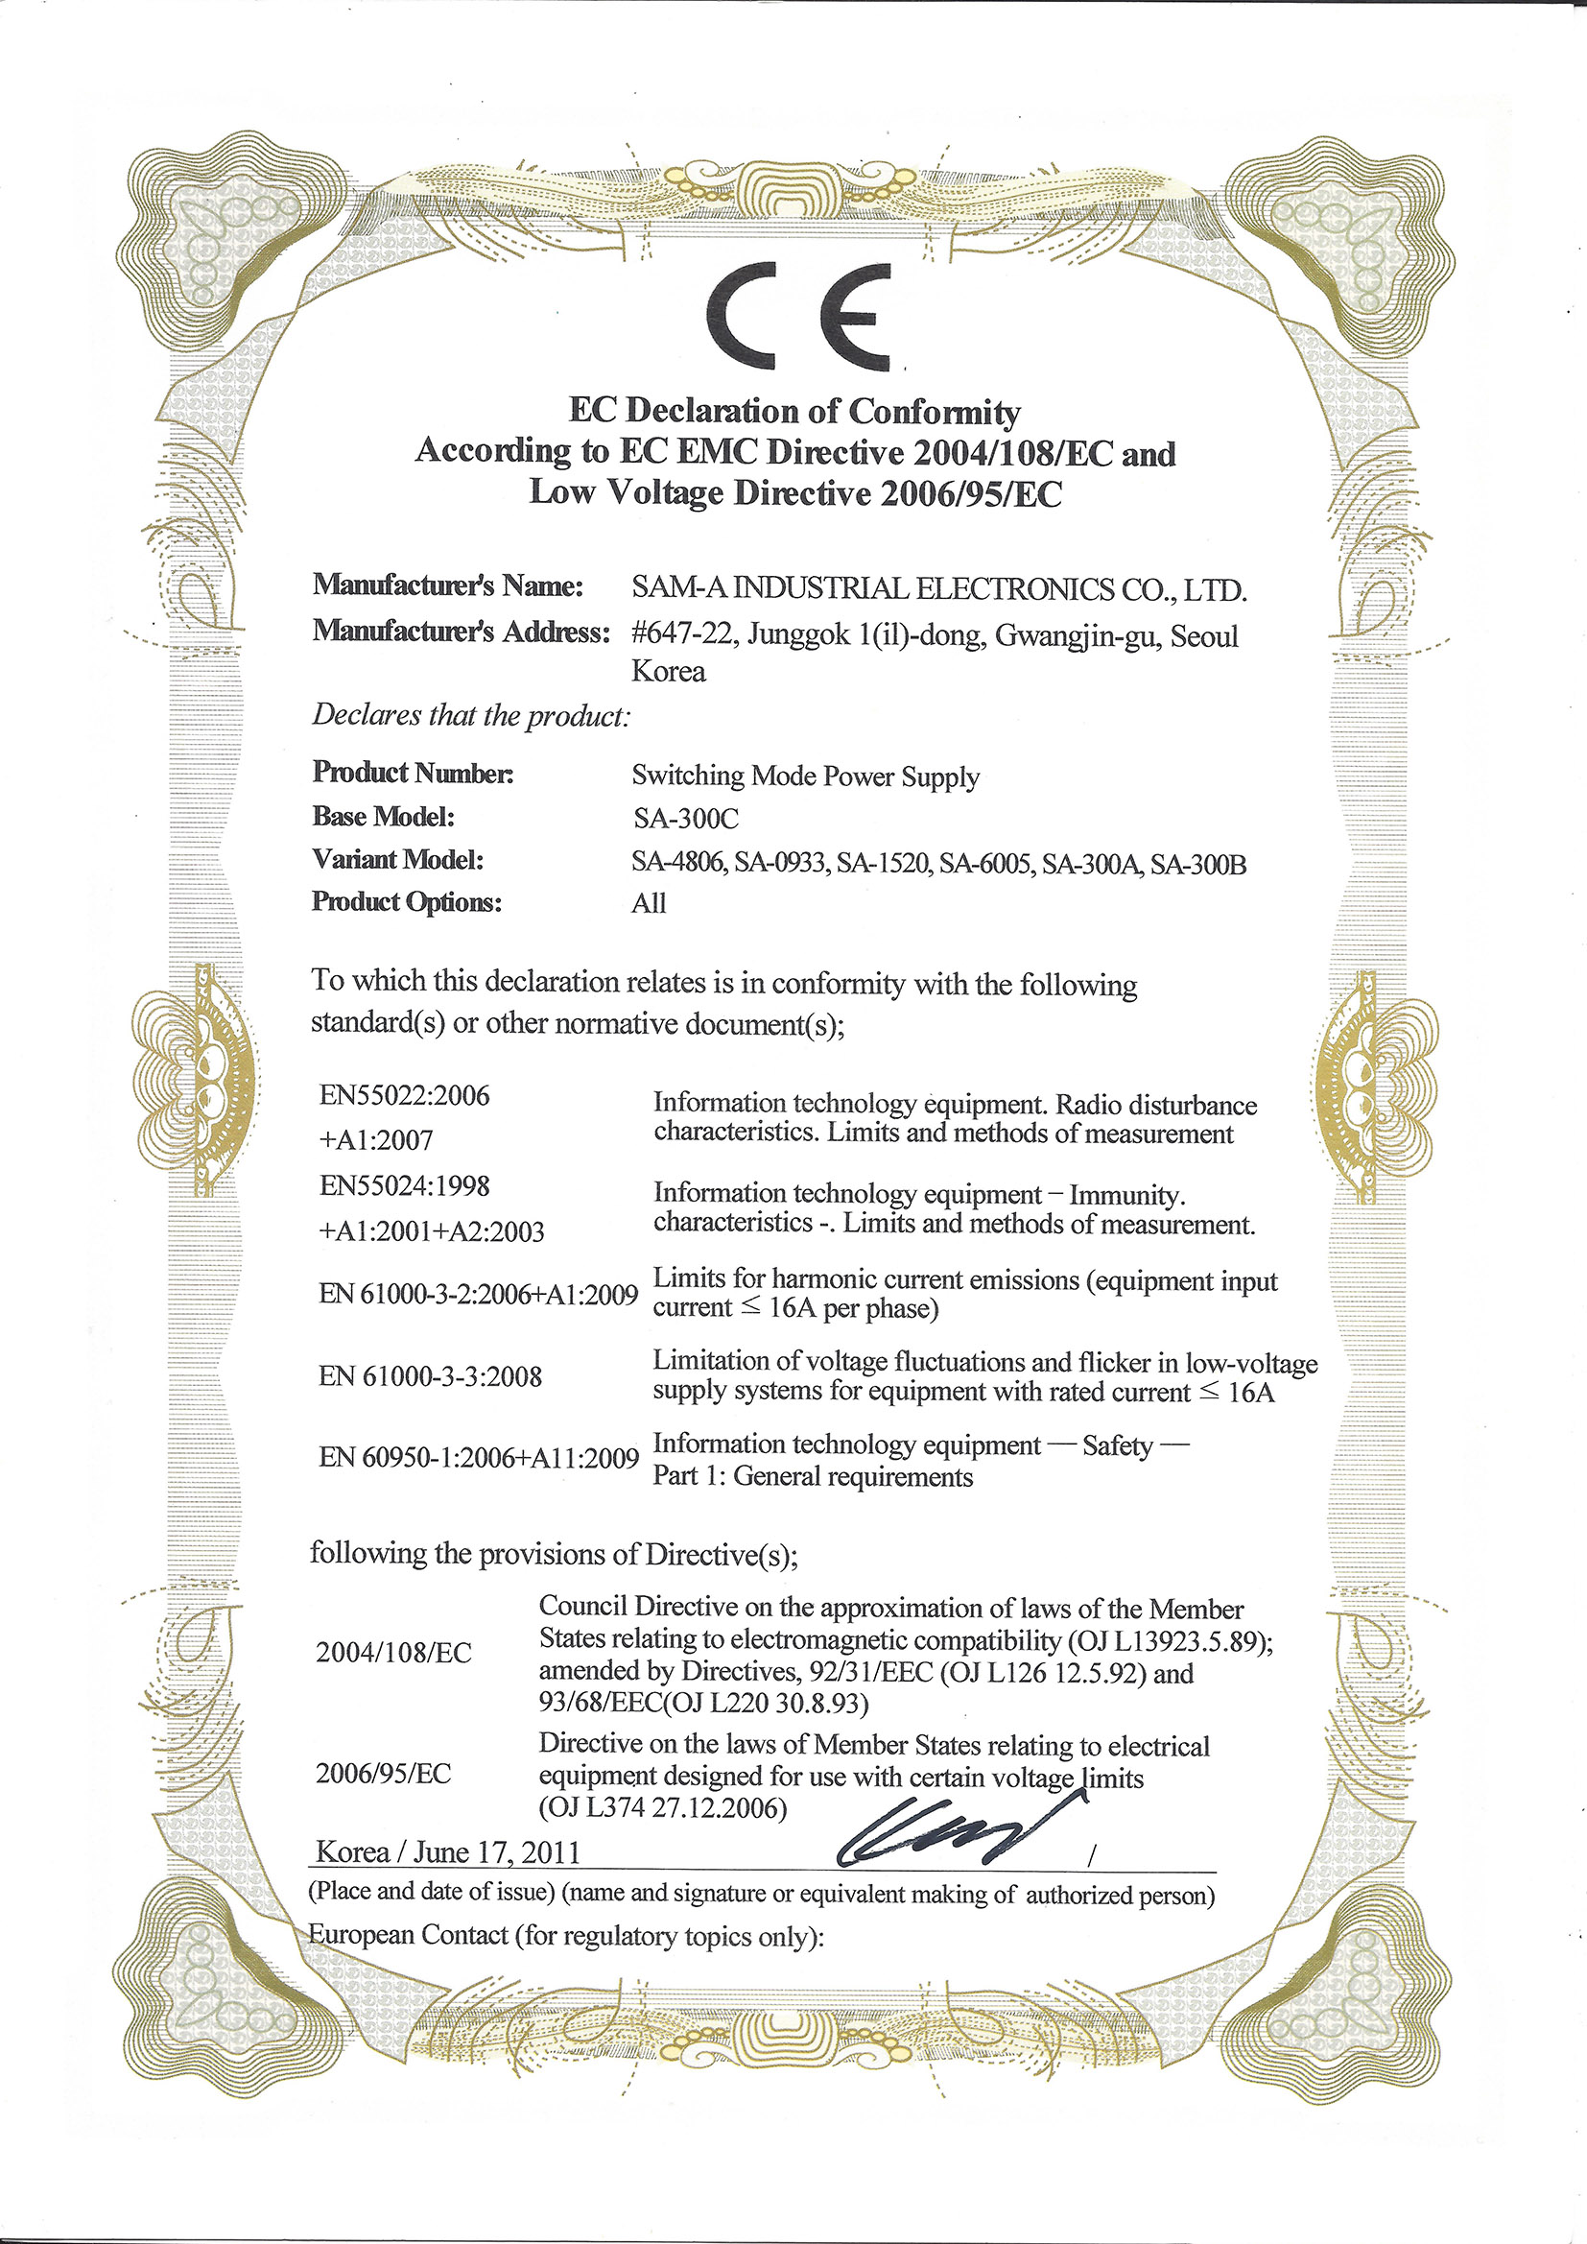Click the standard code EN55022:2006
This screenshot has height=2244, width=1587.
point(405,1096)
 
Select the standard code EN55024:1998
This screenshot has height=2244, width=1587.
point(405,1185)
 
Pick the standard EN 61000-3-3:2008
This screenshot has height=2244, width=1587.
point(430,1376)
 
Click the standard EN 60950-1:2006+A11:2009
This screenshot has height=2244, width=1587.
point(479,1458)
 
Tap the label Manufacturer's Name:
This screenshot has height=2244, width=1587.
point(447,585)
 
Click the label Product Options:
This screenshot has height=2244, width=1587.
point(407,901)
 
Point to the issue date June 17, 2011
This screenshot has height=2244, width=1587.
point(496,1852)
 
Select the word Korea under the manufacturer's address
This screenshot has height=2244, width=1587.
point(669,672)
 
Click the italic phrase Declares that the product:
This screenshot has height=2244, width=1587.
point(471,715)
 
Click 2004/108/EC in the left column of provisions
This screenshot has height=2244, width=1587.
point(393,1653)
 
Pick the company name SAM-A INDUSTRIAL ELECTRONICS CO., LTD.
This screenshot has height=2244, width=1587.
point(939,589)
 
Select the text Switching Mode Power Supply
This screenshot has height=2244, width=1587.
point(805,776)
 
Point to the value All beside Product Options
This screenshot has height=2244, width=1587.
point(649,903)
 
